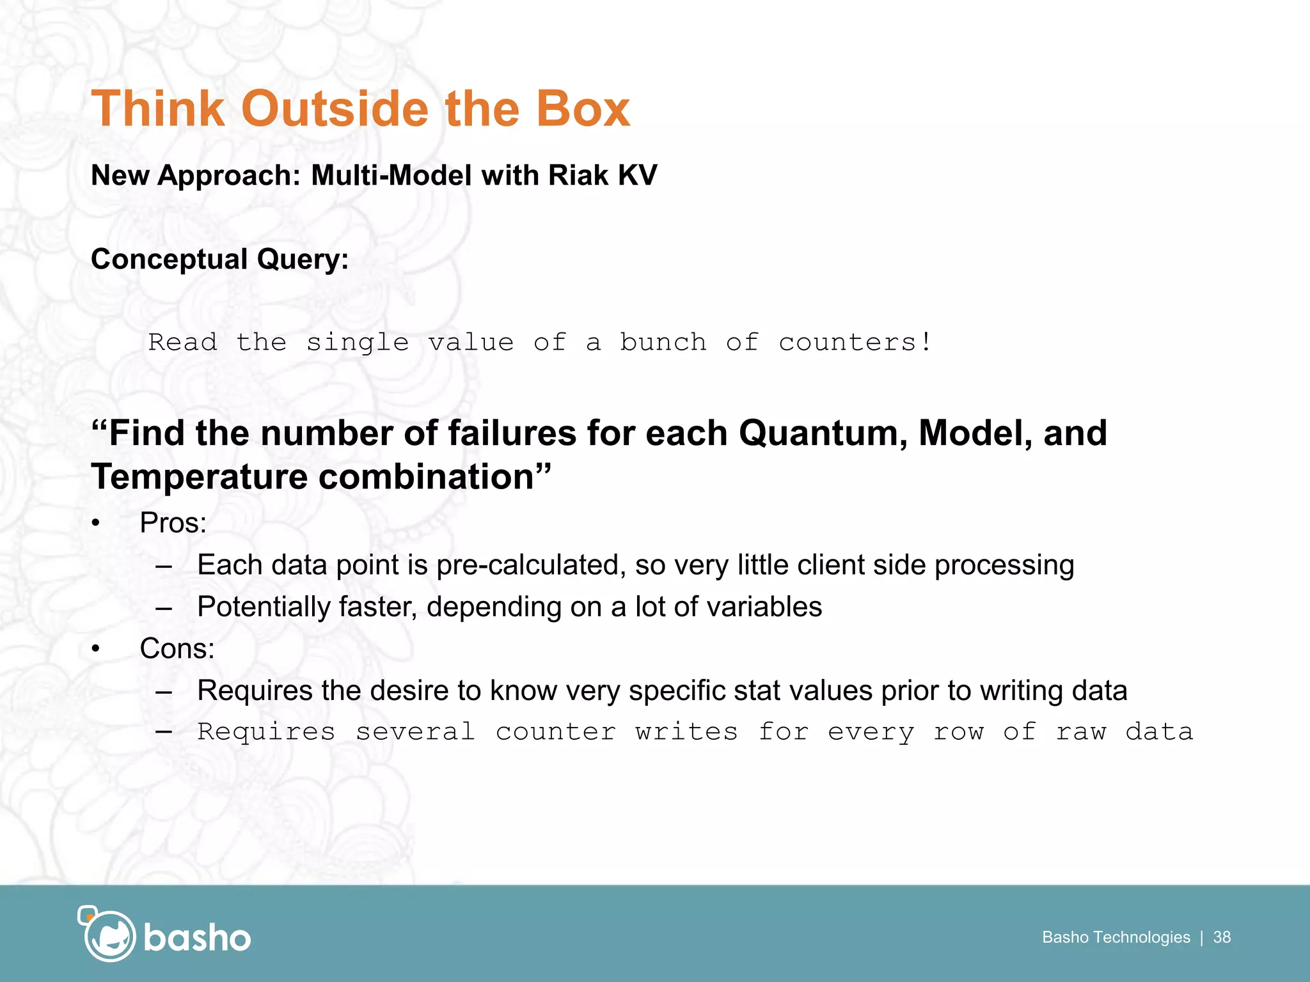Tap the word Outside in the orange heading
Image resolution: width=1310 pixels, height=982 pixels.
pyautogui.click(x=335, y=109)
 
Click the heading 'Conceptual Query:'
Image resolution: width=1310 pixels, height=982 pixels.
pyautogui.click(x=219, y=260)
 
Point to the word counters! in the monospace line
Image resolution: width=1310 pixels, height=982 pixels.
pyautogui.click(x=855, y=342)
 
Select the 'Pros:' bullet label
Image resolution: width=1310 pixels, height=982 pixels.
pyautogui.click(x=173, y=523)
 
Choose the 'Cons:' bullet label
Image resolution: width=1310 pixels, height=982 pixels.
pyautogui.click(x=177, y=649)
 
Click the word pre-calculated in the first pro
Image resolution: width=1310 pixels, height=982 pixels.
pyautogui.click(x=530, y=565)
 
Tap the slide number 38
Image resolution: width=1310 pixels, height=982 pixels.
pyautogui.click(x=1222, y=937)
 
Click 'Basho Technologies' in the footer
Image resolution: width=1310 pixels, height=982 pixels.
pyautogui.click(x=1116, y=937)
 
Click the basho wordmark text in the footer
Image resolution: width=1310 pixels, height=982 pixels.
pyautogui.click(x=197, y=938)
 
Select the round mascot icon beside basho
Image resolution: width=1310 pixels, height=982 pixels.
pyautogui.click(x=109, y=936)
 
